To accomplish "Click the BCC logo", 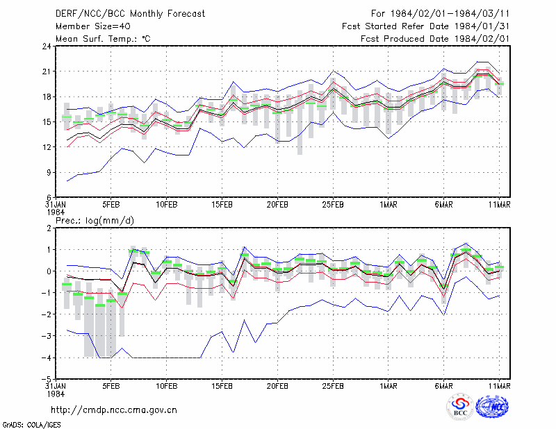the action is coord(460,407).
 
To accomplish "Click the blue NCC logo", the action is coord(492,407).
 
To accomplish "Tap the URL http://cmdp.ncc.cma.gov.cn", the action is coord(114,410).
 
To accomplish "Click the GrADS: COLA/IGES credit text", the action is coord(31,425).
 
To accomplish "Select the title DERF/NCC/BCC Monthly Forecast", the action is coord(130,14).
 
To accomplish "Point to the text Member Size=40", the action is coord(93,26).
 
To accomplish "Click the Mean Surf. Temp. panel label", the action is coord(103,39).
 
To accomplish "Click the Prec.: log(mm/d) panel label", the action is coord(95,221).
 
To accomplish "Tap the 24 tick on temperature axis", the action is coord(47,46).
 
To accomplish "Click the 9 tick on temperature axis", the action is coord(49,173).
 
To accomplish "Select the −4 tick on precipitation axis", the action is coord(47,357).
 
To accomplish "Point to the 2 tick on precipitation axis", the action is coord(49,228).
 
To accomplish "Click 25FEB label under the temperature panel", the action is coord(333,205).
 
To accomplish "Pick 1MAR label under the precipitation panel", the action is coord(389,386).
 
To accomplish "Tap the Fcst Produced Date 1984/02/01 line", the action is coord(435,39).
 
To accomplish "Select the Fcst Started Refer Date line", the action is coord(425,26).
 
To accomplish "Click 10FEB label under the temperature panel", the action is coord(166,205).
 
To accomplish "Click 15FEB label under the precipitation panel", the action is coord(222,386).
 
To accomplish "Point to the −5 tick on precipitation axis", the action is coord(47,380).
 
